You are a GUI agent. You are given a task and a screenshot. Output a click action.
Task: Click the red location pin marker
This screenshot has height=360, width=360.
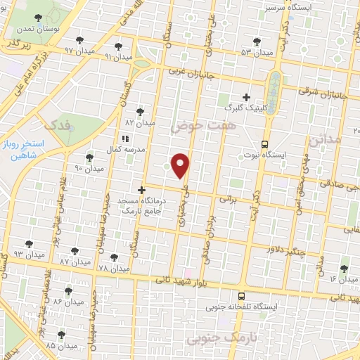[x=181, y=165]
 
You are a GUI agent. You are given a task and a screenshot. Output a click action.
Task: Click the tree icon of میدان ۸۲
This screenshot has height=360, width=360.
[x=140, y=111]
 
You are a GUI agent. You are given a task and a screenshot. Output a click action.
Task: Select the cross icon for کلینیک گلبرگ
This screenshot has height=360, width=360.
[x=246, y=97]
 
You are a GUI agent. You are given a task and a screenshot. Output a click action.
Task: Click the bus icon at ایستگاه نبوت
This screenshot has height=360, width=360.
[x=266, y=141]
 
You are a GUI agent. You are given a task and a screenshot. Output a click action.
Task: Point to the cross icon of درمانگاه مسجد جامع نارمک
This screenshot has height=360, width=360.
[x=141, y=190]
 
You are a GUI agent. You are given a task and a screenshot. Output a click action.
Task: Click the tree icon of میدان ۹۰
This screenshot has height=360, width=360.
[x=89, y=157]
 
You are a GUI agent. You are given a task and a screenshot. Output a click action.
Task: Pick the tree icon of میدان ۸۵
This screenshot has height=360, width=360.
[x=61, y=335]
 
